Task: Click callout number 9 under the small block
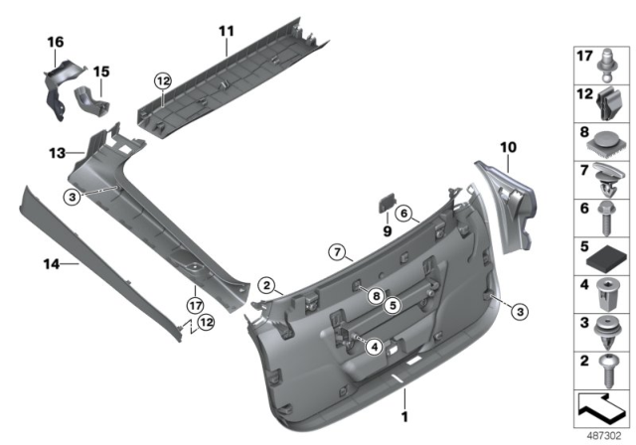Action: coord(388,229)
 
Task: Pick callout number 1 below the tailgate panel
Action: coord(404,418)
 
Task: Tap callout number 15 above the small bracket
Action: coord(101,73)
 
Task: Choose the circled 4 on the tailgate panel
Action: coord(374,346)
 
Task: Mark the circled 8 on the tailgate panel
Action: coord(376,295)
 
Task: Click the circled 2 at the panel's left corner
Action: coord(265,285)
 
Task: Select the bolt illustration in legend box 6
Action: coord(606,220)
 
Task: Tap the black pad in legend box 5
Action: coord(605,258)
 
